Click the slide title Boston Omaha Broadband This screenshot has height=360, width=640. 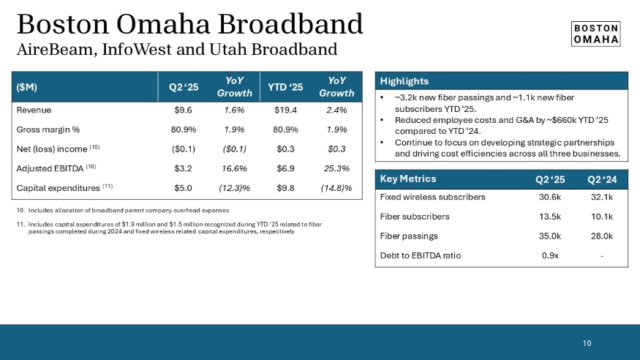point(189,24)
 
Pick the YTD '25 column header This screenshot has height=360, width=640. point(285,87)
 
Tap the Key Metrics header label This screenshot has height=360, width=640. point(408,179)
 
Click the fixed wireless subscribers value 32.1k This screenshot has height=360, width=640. point(600,196)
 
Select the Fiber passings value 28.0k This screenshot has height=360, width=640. point(600,236)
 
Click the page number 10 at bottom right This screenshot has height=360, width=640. point(587,342)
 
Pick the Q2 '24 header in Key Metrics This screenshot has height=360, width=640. point(600,179)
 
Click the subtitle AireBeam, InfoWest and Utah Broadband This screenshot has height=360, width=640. point(176,50)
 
